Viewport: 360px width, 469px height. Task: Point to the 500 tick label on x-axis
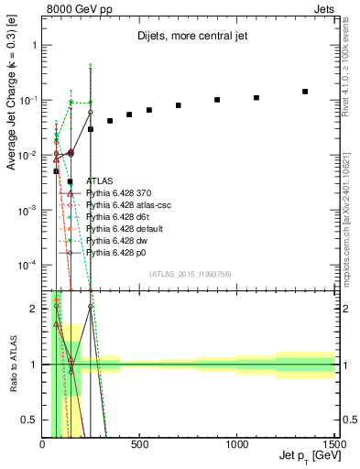tap(139, 445)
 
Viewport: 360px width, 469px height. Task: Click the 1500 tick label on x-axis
tap(334, 445)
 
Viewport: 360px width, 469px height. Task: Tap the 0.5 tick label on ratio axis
tap(31, 420)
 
